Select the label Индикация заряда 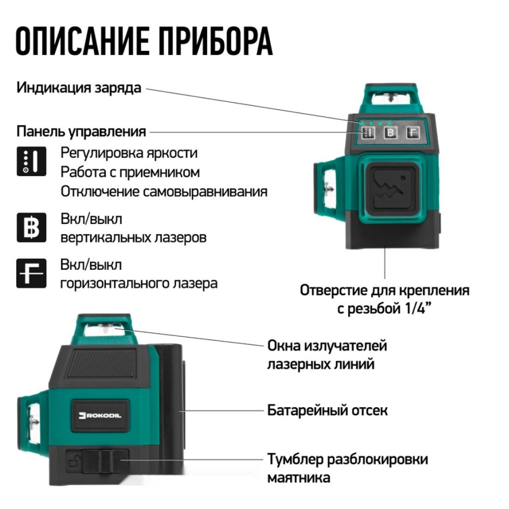79,87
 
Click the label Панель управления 81,131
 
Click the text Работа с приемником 130,172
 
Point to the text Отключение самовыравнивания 164,191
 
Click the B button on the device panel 390,133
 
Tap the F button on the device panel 414,133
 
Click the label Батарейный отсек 327,410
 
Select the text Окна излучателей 327,346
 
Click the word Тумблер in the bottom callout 295,460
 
